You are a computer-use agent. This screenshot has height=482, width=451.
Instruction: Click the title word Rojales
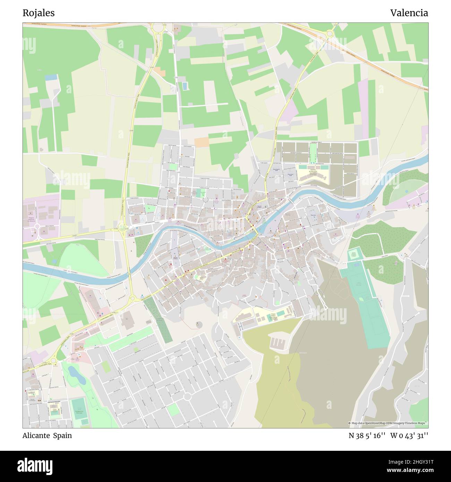click(39, 13)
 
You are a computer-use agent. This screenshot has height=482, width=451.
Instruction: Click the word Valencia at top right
click(409, 13)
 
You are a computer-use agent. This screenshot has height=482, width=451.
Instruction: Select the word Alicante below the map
click(36, 436)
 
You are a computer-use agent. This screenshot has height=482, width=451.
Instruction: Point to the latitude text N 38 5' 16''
click(367, 436)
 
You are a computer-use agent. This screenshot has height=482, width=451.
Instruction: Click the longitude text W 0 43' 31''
click(409, 436)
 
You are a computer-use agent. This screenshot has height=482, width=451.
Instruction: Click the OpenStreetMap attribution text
click(388, 423)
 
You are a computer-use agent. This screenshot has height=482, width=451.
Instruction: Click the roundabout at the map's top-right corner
click(329, 34)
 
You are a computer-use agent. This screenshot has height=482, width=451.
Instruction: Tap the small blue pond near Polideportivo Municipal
click(76, 375)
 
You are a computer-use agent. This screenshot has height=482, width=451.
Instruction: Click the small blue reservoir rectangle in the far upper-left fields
click(51, 77)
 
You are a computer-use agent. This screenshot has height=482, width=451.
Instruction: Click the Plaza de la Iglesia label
click(261, 207)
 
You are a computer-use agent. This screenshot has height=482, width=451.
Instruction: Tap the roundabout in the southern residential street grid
click(188, 396)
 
